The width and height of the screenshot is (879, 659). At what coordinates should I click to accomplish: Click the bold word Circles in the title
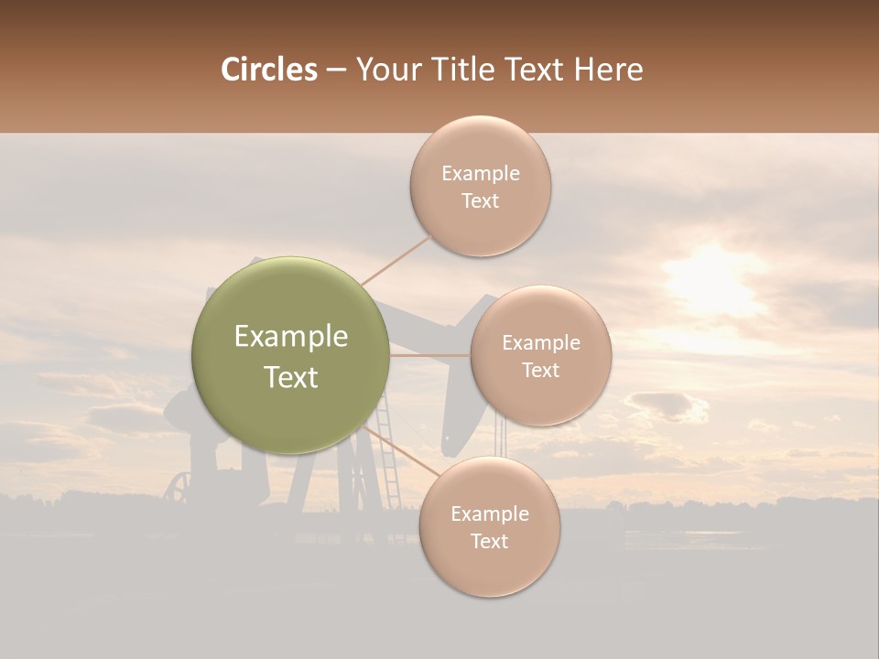[269, 70]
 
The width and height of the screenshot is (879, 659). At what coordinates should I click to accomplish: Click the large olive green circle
[291, 355]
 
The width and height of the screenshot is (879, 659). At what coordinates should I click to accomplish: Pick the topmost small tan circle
[480, 186]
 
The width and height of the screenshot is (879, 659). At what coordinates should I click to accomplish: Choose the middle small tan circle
[540, 355]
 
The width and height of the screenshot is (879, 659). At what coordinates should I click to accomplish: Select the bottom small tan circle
[489, 526]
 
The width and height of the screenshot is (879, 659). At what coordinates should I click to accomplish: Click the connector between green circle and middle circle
[430, 355]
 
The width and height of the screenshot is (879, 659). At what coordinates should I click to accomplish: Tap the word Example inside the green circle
[291, 337]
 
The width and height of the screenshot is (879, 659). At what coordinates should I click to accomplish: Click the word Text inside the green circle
[291, 377]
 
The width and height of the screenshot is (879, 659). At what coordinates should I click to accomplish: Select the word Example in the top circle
[480, 173]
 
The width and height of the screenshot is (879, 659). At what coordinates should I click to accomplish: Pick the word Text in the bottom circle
[489, 541]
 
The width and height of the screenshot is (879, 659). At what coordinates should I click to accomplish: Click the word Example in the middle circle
[540, 342]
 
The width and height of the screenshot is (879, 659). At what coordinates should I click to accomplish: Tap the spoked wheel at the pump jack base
[179, 487]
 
